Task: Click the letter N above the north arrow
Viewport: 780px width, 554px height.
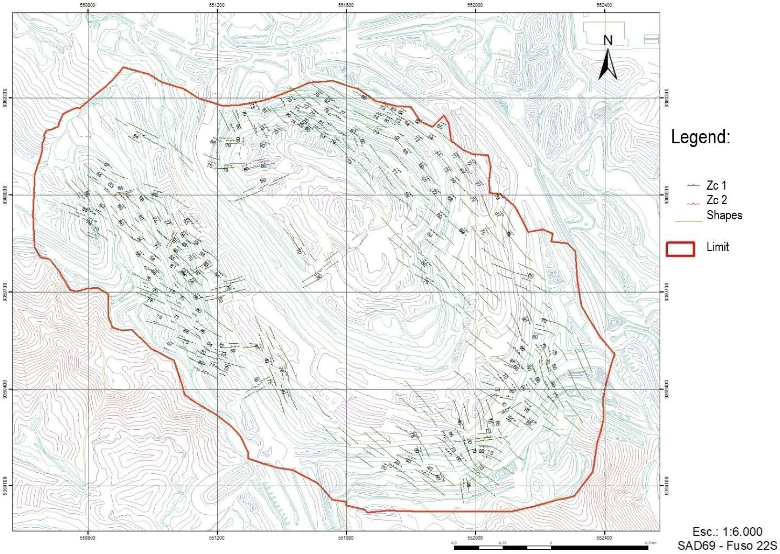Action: (608, 41)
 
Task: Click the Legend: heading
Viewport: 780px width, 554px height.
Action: (700, 138)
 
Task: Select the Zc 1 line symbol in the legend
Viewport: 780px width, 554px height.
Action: (692, 185)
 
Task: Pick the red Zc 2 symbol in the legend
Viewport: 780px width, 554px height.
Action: (692, 204)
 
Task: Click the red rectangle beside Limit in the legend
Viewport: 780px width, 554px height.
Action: (680, 249)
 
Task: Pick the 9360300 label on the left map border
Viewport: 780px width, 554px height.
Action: (4, 98)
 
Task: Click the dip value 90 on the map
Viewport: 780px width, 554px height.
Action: (262, 145)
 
